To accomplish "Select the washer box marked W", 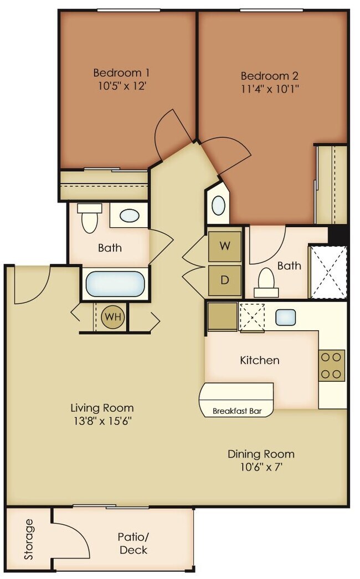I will click(225, 245).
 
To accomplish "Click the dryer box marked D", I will click(225, 280).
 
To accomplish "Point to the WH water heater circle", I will click(114, 317).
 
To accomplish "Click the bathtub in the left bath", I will click(115, 284).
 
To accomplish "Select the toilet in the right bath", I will click(266, 283).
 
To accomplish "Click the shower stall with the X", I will click(328, 272).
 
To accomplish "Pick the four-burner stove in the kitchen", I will click(331, 366).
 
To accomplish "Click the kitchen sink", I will click(285, 317).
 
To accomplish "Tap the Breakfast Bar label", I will click(237, 412).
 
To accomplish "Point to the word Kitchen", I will click(259, 360).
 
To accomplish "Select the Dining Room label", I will click(261, 454).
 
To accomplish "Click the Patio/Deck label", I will click(133, 543).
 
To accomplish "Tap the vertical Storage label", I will click(29, 539).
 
